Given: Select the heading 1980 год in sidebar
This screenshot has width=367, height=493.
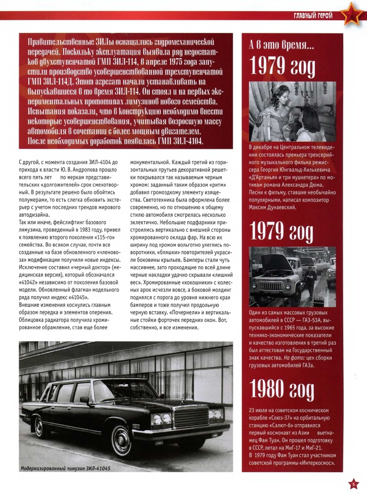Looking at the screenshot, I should [x=281, y=391].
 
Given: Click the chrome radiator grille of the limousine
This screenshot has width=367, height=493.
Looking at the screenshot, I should [x=191, y=417].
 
